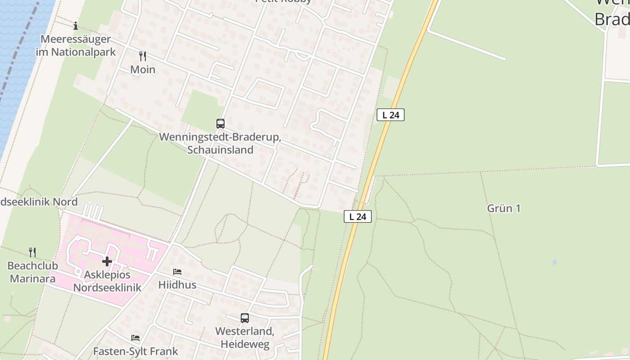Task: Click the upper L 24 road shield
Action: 391,115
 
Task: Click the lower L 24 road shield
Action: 358,216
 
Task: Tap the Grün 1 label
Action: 504,208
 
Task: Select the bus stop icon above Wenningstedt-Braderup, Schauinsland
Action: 220,123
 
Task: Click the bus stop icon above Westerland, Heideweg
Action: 244,318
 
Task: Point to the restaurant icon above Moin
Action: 143,56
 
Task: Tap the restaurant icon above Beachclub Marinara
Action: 32,252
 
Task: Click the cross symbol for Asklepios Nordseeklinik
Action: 107,261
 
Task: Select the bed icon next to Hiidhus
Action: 177,272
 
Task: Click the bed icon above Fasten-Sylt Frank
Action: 135,337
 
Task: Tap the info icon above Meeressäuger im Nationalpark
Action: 76,26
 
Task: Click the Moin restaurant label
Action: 143,70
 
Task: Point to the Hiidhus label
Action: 177,285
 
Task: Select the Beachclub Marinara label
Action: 32,272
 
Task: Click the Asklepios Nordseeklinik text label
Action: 107,281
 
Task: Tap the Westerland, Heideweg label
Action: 245,338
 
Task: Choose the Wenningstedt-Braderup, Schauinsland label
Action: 220,144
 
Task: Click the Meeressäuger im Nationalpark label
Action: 76,45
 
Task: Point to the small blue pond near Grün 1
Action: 554,261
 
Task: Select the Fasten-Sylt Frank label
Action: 135,351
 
